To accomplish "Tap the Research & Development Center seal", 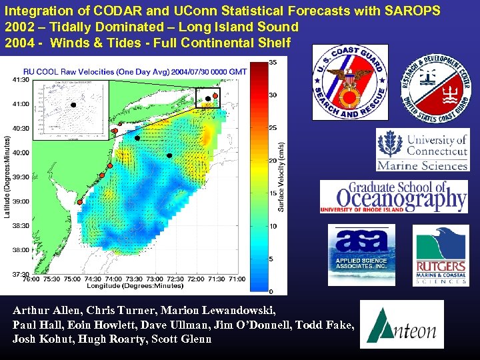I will click(434, 83).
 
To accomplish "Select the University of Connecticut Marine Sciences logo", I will click(422, 150).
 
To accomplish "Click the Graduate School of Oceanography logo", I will click(393, 196).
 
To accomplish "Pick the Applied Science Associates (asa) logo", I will click(360, 254).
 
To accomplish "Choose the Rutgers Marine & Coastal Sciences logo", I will click(441, 255).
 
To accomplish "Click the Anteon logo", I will click(401, 324).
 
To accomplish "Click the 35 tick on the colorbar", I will click(273, 63).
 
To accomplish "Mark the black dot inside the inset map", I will click(73, 105).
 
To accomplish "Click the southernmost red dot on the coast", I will click(79, 201).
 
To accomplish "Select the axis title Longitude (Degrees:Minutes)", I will click(135, 286).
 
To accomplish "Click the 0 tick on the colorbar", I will click(271, 291).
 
